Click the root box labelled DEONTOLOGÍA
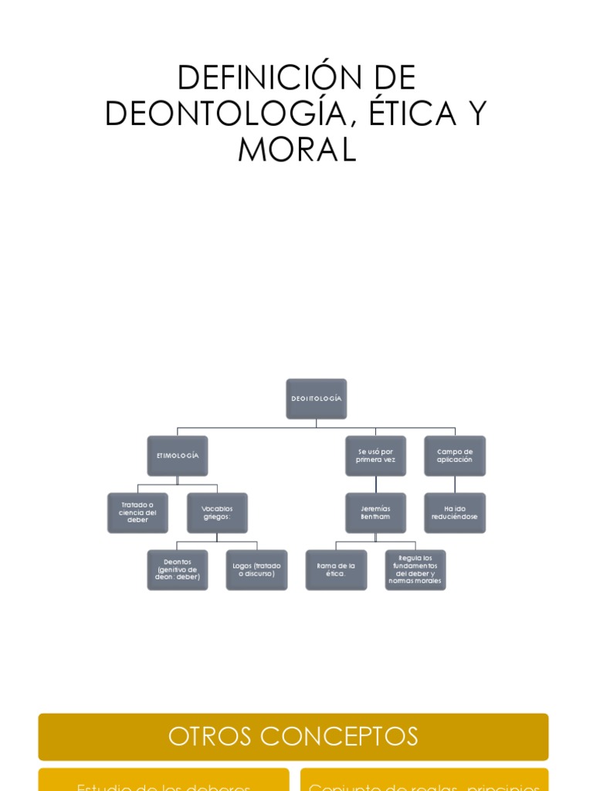point(316,399)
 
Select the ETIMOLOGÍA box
point(178,456)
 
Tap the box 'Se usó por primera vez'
point(375,456)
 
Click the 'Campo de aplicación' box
point(455,456)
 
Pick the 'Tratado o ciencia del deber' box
point(137,513)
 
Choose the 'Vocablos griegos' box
point(217,513)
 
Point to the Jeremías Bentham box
point(375,513)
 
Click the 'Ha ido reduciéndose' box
point(455,513)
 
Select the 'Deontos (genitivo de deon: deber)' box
point(178,570)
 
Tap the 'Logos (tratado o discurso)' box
point(256,570)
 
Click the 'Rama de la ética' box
point(336,570)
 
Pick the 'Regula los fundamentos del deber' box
point(415,570)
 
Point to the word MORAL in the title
point(296,150)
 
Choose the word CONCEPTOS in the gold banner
point(339,737)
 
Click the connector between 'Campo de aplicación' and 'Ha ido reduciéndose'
point(455,484)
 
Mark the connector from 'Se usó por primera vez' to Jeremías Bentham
point(376,484)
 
